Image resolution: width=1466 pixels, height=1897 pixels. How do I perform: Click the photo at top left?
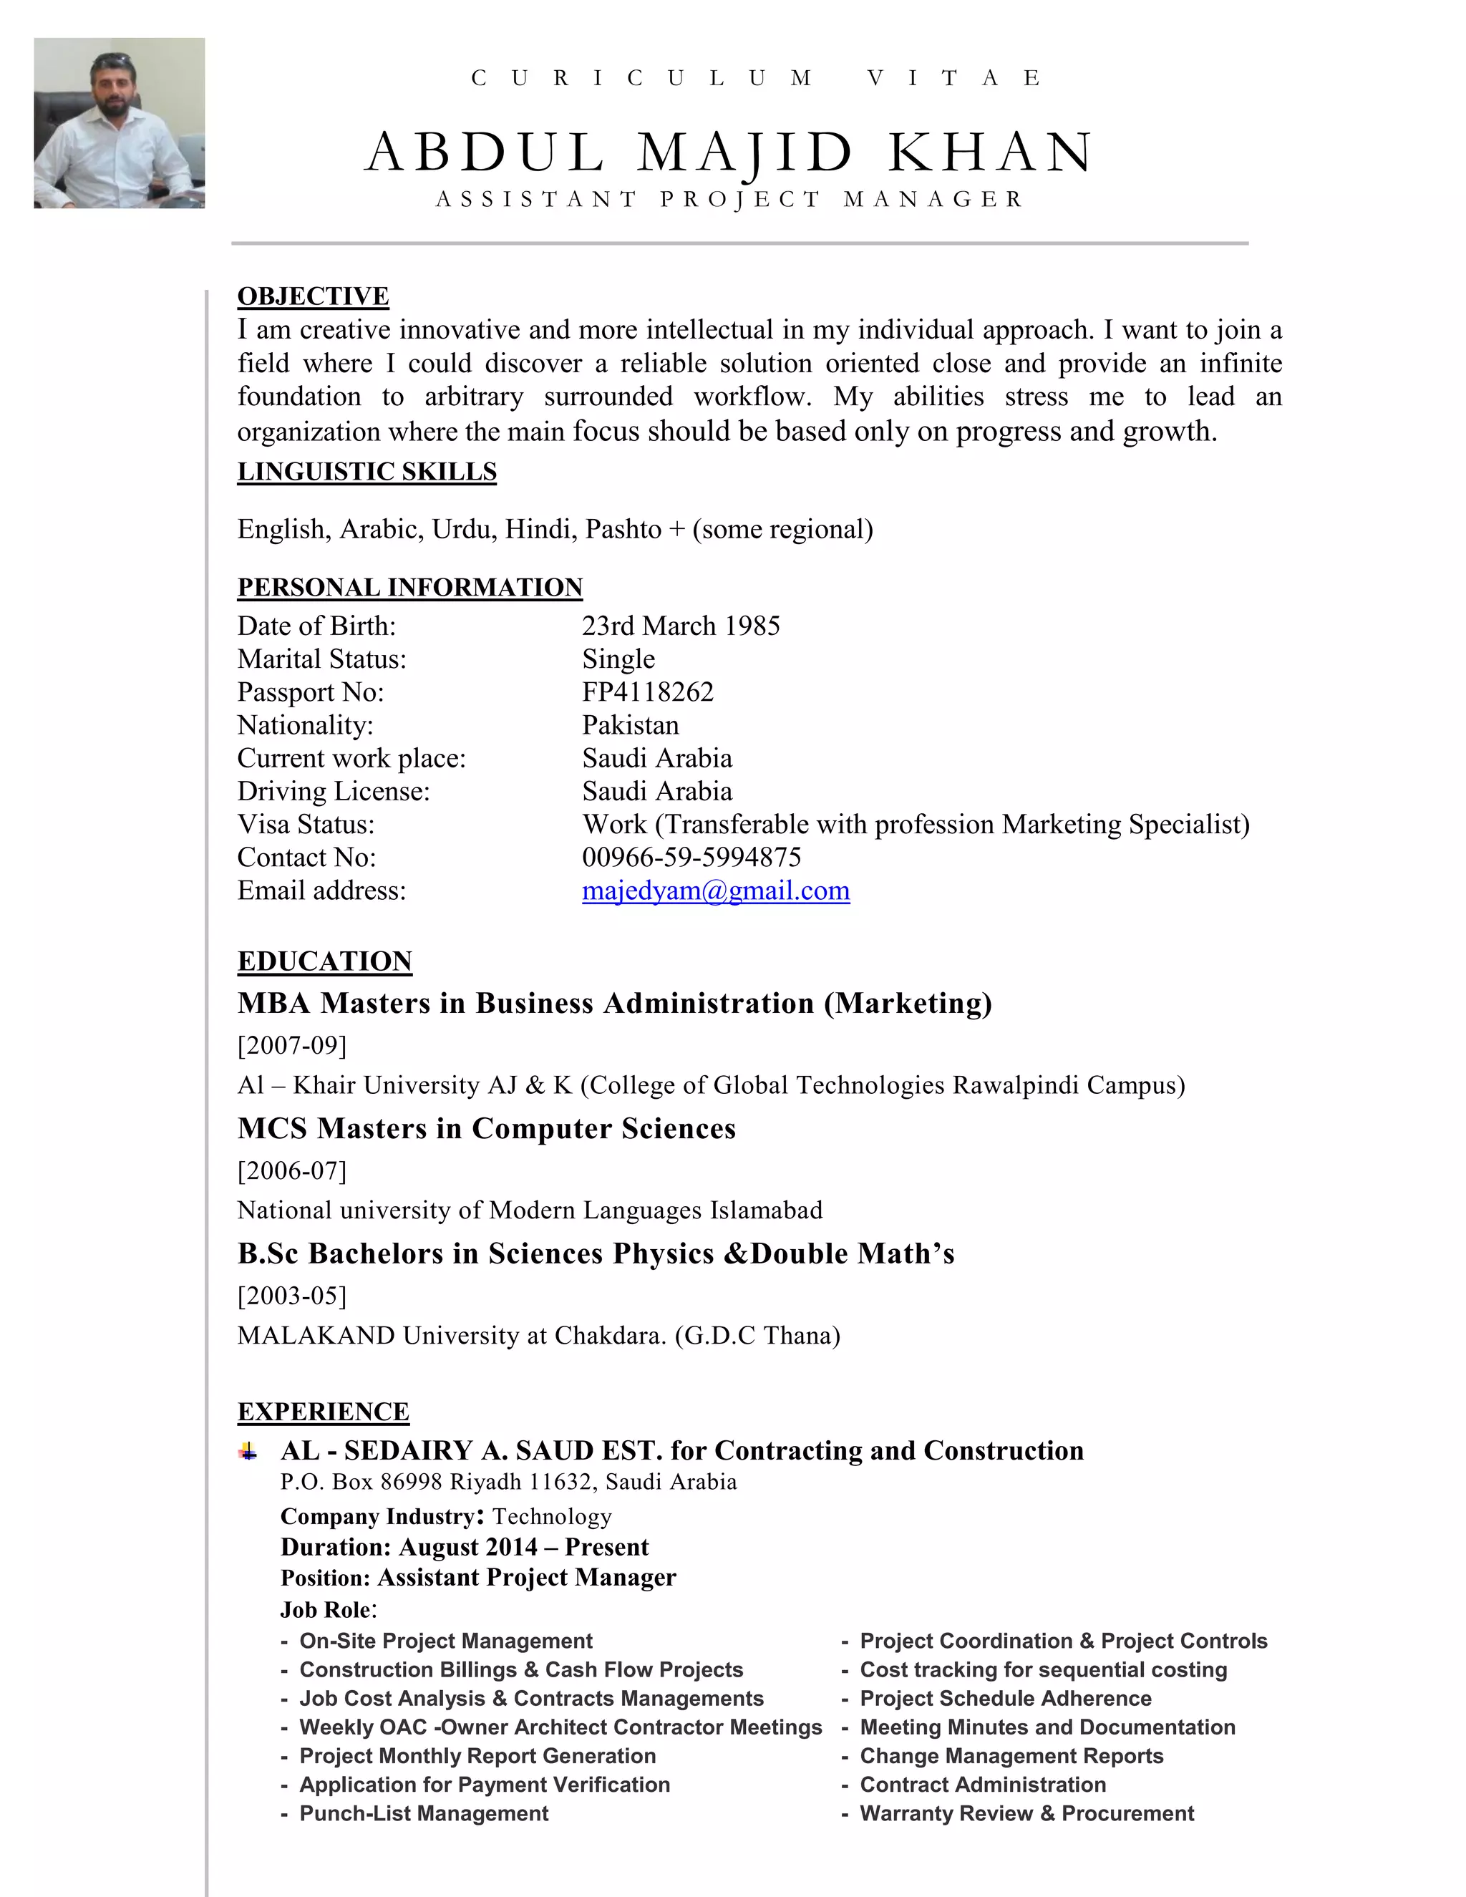click(x=119, y=122)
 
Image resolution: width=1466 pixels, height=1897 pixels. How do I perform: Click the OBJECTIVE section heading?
click(x=313, y=296)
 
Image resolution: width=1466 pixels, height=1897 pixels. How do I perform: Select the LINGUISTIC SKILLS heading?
click(x=366, y=472)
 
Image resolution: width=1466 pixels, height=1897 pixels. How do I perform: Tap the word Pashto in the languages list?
click(x=623, y=529)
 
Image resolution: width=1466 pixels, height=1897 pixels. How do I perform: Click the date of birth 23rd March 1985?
click(x=680, y=626)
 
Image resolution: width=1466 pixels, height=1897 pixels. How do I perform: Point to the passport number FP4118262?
click(x=647, y=692)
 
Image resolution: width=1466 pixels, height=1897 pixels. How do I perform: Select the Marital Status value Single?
click(x=618, y=659)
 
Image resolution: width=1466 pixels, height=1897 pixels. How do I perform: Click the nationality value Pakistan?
click(x=630, y=725)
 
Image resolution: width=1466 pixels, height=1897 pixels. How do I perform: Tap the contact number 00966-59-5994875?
click(x=691, y=858)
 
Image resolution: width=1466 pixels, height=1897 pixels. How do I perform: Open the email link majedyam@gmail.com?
click(x=715, y=891)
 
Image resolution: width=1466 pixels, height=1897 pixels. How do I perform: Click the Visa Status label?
click(x=306, y=824)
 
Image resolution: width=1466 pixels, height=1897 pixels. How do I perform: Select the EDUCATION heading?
click(x=325, y=961)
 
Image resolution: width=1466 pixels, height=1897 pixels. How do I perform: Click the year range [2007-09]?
click(x=292, y=1045)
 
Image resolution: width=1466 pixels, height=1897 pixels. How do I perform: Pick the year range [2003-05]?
click(x=292, y=1295)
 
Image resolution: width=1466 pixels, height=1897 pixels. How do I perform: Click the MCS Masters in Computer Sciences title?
click(x=486, y=1128)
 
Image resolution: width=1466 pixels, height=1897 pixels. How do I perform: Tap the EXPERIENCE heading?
click(x=323, y=1412)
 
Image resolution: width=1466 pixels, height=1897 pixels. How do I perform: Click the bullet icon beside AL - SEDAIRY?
click(x=248, y=1450)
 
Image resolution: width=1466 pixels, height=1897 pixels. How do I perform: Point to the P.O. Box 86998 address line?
click(x=508, y=1482)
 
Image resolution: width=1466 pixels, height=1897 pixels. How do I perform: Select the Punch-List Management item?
click(x=423, y=1814)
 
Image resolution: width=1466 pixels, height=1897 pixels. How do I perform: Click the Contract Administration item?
click(x=982, y=1785)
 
